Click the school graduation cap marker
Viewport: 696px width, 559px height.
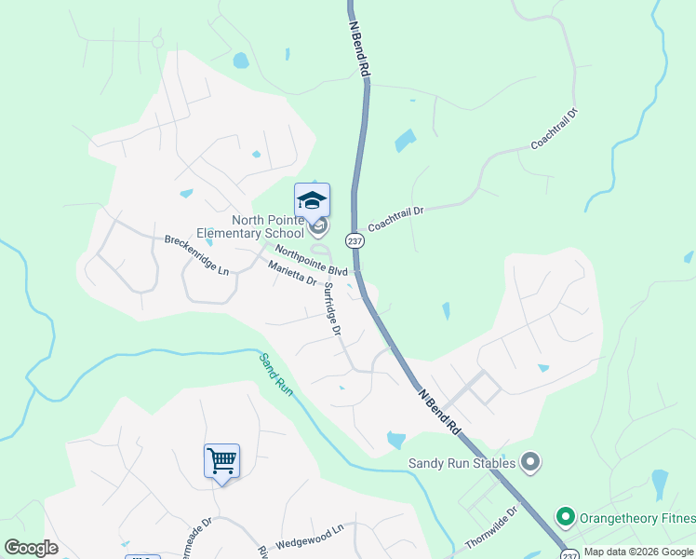313,200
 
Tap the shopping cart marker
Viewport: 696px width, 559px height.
221,460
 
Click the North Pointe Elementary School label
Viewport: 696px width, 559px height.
250,226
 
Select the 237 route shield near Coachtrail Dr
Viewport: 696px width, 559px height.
354,240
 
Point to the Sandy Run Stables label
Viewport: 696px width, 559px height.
462,462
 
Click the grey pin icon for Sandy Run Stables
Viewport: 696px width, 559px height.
530,461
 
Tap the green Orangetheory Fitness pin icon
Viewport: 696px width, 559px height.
563,516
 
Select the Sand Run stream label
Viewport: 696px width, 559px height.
276,375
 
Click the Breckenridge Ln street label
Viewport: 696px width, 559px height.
196,254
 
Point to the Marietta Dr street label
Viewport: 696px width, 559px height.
292,275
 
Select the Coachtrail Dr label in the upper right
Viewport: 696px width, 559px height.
555,130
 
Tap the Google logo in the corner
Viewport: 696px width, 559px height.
31,548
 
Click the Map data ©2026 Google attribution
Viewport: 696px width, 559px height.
638,552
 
